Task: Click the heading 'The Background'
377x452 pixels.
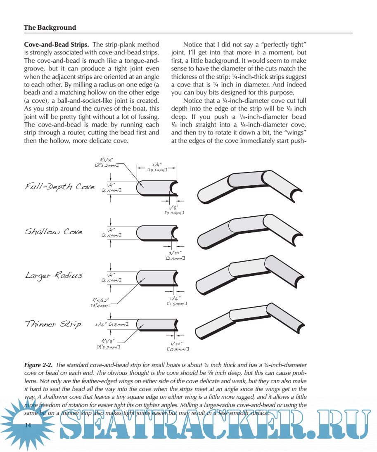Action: coord(50,28)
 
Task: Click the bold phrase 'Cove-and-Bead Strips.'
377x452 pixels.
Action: coord(57,44)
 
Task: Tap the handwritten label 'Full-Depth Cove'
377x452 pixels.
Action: coord(60,187)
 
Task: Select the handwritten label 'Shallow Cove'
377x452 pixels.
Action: coord(54,232)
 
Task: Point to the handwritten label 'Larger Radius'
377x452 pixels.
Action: coord(54,275)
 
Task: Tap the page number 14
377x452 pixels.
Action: coord(28,426)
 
